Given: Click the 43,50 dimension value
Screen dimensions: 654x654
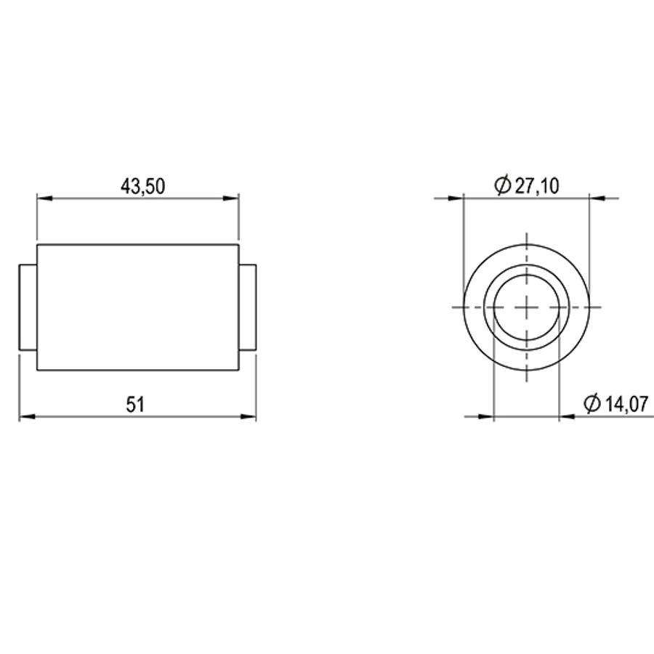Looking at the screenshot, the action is tap(142, 186).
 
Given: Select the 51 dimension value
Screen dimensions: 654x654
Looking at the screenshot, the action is tap(136, 405).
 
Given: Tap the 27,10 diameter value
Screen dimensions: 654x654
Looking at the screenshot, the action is tap(537, 186).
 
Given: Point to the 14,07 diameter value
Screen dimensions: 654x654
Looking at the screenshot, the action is tap(626, 404).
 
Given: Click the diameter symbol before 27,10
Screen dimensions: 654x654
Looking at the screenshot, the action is tap(503, 185).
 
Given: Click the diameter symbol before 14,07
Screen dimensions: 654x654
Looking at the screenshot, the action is tap(592, 403).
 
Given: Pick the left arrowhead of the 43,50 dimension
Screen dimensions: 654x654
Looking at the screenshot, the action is tap(44, 198).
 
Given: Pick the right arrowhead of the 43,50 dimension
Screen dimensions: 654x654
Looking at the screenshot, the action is tap(231, 198).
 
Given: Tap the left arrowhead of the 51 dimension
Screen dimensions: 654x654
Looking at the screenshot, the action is tap(27, 416).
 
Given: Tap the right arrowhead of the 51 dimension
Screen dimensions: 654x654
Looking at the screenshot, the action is tap(249, 416).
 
